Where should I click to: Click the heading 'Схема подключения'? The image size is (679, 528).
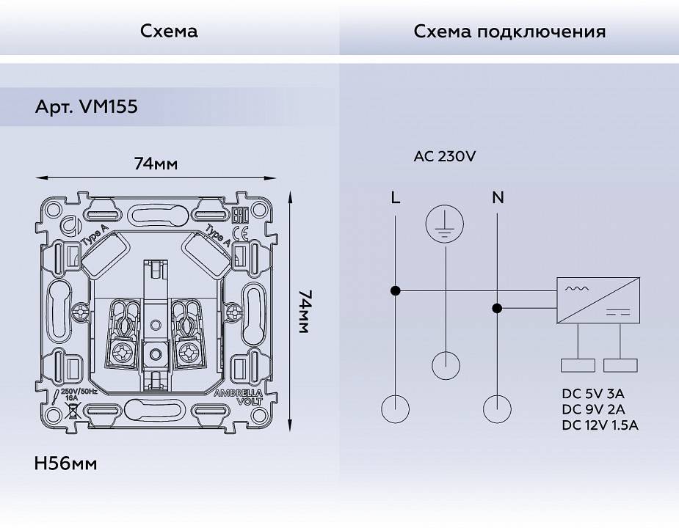click(x=509, y=32)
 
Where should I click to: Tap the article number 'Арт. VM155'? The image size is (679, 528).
click(x=87, y=107)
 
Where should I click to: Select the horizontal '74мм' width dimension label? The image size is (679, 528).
click(x=156, y=164)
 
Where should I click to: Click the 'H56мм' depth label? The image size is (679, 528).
click(x=66, y=463)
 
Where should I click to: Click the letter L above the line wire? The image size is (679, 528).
click(x=396, y=197)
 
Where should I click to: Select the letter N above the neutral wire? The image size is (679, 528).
click(x=498, y=197)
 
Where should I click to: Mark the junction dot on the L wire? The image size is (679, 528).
click(x=396, y=290)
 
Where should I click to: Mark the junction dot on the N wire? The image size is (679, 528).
click(x=498, y=309)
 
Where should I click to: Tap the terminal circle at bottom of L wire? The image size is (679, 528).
click(x=396, y=408)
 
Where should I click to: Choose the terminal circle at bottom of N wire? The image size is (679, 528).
click(x=498, y=408)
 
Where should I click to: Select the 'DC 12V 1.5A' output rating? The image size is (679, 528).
click(x=600, y=425)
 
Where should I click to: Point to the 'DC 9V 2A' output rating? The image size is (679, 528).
click(x=595, y=408)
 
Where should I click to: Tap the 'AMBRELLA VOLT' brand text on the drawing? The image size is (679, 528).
click(x=233, y=397)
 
